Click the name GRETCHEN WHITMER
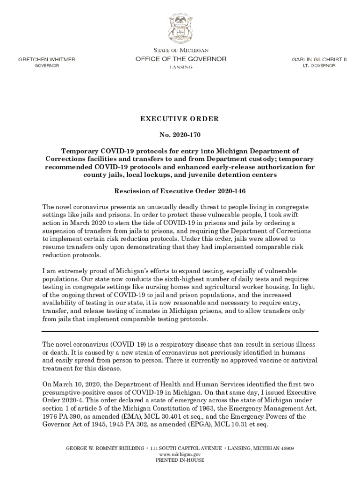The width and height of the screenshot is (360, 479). point(46,59)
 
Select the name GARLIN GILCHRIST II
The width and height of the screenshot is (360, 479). point(319,59)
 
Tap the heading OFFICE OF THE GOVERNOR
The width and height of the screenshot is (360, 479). point(180,59)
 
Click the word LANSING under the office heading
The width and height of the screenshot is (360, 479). point(180,67)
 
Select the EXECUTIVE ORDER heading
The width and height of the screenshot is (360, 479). point(180,119)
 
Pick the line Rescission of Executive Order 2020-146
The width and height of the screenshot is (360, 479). point(180,191)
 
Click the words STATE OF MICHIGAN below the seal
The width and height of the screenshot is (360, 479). point(180,50)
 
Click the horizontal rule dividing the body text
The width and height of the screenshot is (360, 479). point(180,333)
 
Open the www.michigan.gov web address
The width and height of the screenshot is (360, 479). point(180,454)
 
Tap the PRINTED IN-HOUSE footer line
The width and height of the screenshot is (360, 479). point(180,460)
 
